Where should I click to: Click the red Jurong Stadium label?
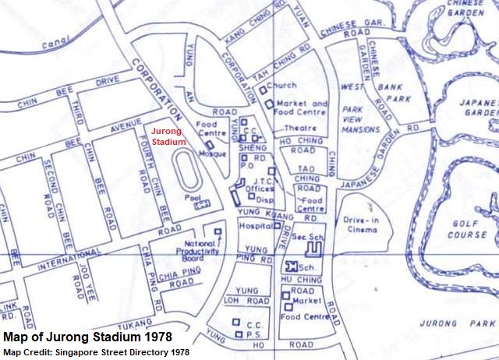coord(168,136)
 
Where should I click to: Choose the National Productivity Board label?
coord(196,253)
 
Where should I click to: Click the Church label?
coord(281,86)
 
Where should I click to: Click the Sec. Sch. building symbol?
coord(313,249)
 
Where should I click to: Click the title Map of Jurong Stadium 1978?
coord(87,338)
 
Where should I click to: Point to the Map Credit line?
coord(96,353)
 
